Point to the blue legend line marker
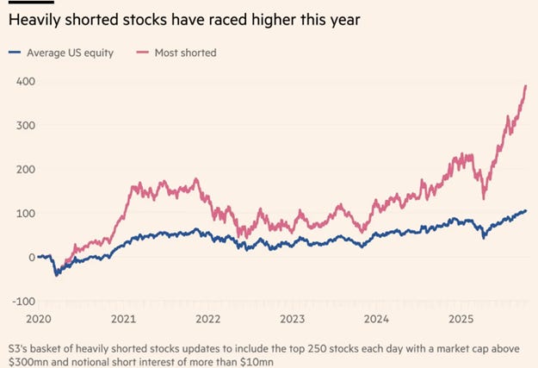coord(17,53)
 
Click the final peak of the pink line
coord(526,86)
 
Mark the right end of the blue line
coord(527,210)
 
